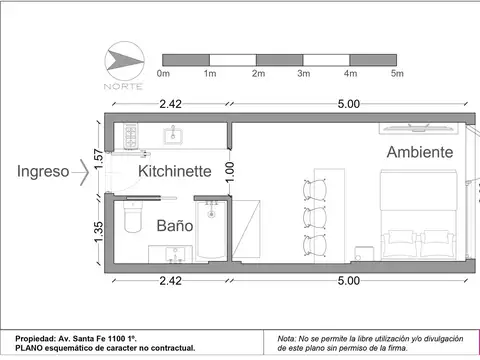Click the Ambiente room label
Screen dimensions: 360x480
(x=420, y=152)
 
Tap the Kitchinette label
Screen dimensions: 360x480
(x=174, y=171)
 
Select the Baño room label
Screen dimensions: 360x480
(x=174, y=226)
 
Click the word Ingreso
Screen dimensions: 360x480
(x=43, y=171)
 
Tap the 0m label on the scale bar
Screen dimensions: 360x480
(x=165, y=73)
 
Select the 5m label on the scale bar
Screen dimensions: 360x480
(x=396, y=73)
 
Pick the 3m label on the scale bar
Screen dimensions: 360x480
(x=304, y=73)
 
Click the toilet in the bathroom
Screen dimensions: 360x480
(x=131, y=222)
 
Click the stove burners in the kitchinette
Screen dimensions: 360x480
(x=129, y=132)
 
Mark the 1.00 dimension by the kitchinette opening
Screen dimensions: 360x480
(x=229, y=171)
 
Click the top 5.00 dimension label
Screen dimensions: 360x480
(x=348, y=103)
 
